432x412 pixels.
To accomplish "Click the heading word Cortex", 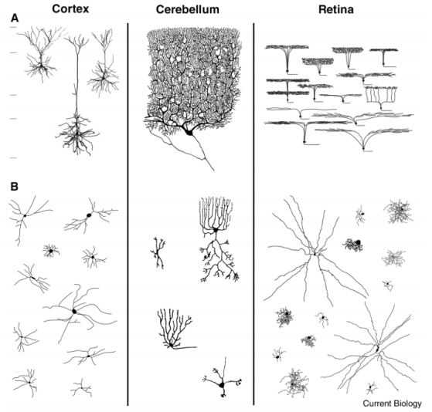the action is coord(70,8).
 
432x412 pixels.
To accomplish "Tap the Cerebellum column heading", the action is coord(187,9).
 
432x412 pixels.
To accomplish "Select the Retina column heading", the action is coord(336,9).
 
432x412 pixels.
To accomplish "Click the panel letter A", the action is coord(15,19).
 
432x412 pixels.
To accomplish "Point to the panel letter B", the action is coord(15,187).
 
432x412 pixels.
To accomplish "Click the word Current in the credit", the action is coord(376,404).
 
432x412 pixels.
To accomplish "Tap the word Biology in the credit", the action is coord(407,404).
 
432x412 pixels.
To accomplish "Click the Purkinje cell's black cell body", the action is coord(189,132).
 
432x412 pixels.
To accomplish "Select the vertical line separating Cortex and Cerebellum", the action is coord(128,214).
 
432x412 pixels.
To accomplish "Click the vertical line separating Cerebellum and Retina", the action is coord(253,214).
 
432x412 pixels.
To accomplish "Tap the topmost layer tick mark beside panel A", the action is coord(13,27).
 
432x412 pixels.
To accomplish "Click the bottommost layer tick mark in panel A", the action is coord(13,158).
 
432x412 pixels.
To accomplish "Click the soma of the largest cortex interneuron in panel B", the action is coord(74,311).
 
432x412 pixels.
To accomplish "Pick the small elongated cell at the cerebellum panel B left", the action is coord(158,253).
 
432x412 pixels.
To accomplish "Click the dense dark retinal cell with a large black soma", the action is coord(353,245).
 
